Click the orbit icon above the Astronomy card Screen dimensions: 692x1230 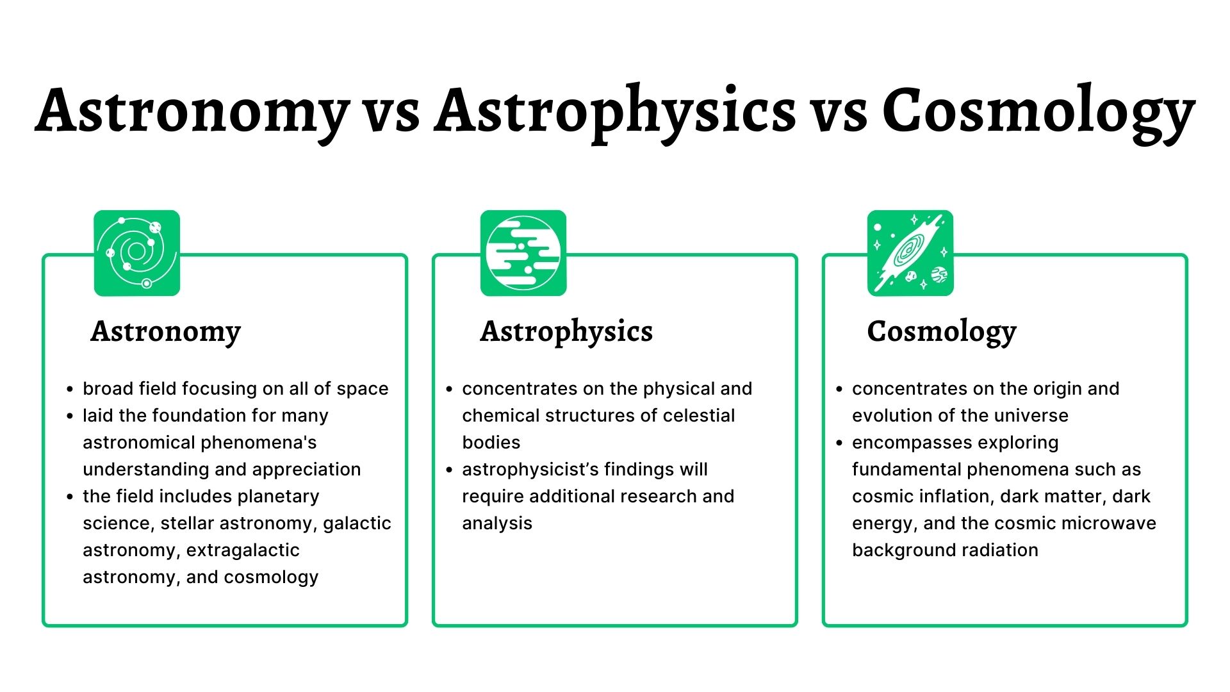coord(136,253)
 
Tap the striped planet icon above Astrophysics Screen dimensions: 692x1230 coord(523,253)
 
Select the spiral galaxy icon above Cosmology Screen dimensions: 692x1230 coord(910,253)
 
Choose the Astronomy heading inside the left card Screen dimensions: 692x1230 coord(165,332)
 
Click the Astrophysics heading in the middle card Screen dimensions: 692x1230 coord(566,332)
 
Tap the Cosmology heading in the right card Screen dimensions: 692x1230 coord(942,332)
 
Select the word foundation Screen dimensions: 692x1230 coord(201,416)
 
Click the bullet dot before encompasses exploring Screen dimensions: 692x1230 coord(839,443)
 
